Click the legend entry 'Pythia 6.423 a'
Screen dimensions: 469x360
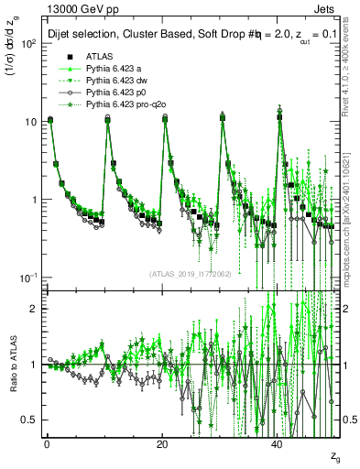pos(115,70)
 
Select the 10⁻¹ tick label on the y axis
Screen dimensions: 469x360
pos(27,277)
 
